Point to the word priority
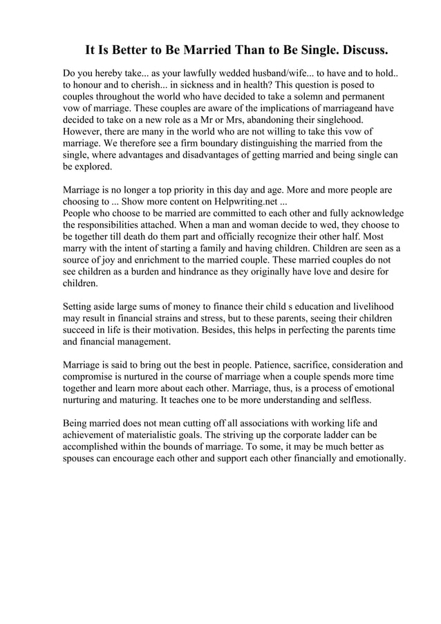coord(191,188)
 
